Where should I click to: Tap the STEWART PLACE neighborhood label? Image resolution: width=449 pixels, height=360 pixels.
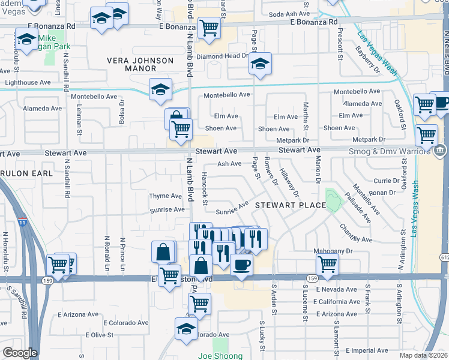(x=290, y=205)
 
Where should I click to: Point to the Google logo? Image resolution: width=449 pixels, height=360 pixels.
(x=20, y=353)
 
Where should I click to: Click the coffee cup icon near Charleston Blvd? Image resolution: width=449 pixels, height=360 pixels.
(x=241, y=264)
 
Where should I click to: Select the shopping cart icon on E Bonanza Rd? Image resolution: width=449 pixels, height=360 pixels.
(x=209, y=28)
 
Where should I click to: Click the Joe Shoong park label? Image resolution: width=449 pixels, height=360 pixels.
(x=221, y=355)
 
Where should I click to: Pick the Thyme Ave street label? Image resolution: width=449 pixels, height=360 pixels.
(x=166, y=196)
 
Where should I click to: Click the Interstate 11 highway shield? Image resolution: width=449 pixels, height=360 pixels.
(x=22, y=223)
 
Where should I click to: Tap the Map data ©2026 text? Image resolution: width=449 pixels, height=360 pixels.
(x=424, y=355)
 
